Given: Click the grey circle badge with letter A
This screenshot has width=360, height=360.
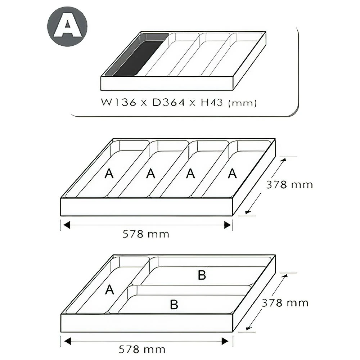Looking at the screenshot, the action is tap(67, 26).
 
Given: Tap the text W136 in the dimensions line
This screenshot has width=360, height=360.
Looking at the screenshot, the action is tap(118, 102).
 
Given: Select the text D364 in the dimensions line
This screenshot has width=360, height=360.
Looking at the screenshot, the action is tap(168, 102).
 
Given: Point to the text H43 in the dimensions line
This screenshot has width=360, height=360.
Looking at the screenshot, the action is tap(212, 102).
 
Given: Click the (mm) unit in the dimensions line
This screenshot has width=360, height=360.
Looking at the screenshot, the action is tap(242, 103).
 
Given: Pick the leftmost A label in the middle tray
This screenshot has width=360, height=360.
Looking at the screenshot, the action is tap(109, 174).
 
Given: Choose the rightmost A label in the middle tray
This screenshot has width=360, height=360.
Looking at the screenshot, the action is tap(232, 174).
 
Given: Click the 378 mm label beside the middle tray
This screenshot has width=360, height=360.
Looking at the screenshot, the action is tap(289, 185).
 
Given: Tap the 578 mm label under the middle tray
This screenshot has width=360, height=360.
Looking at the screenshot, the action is tap(146, 234).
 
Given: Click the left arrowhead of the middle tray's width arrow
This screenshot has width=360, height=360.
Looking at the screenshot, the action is tap(67, 225).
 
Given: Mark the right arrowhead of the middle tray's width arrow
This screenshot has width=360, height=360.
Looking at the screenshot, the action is tap(227, 225).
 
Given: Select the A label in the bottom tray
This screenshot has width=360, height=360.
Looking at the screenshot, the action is tap(109, 289).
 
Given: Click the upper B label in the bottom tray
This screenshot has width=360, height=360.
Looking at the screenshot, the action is tap(202, 275).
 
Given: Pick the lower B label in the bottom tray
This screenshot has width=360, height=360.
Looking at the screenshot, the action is tap(174, 305).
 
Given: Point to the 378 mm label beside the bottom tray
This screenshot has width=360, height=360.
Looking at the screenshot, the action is tap(285, 303).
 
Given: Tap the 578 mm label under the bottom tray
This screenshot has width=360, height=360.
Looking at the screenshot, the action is tap(142, 350).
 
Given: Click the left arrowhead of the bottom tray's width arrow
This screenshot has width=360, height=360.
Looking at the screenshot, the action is tap(68, 341).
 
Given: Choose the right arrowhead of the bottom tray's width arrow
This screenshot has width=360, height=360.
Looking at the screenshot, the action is tap(225, 341).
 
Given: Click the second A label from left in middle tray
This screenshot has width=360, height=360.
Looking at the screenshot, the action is tap(150, 174).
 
